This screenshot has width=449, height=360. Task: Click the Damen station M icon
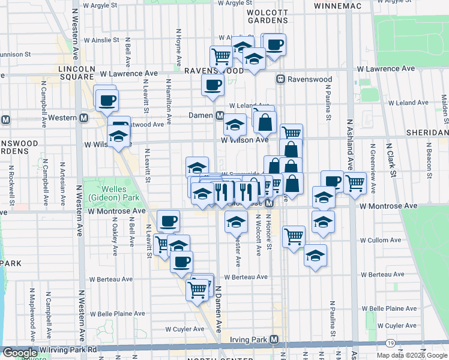220,115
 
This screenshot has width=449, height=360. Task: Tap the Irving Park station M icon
274,340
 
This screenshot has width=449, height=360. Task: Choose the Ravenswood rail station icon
280,79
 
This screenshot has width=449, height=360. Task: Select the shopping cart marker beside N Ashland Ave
355,181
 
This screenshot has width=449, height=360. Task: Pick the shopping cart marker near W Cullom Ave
294,235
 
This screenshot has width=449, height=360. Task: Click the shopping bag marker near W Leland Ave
264,122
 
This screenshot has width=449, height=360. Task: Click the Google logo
20,353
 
